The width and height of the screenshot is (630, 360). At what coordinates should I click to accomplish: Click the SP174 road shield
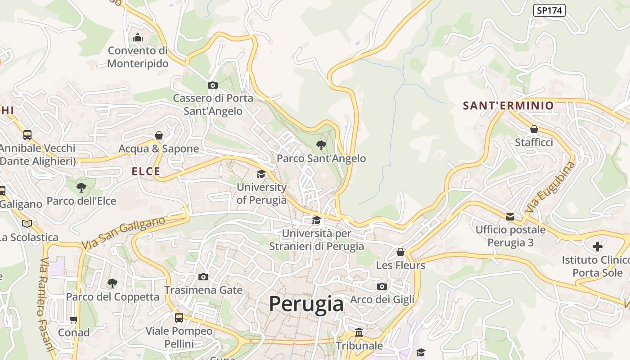coord(549,10)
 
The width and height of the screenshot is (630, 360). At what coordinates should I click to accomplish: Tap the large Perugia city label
coord(306,304)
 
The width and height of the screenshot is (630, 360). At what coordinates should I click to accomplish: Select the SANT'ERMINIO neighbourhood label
coord(508,106)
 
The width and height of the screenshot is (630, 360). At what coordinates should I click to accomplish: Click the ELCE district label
coord(146,171)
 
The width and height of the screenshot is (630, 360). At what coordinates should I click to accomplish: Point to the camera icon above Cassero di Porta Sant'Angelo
coord(213,85)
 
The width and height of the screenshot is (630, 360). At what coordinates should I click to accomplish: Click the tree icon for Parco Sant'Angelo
coord(321,145)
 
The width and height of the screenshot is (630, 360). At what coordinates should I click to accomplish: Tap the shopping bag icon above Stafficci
coord(534,129)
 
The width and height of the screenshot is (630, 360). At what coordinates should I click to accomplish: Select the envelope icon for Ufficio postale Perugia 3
coord(510,217)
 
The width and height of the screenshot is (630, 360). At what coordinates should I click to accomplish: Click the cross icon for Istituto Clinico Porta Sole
coord(597,247)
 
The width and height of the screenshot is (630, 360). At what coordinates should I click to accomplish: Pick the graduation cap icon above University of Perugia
coord(261,174)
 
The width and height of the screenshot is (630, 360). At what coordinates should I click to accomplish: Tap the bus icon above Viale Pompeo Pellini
coord(179,318)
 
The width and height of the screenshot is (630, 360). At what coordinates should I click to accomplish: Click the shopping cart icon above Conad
coord(73,319)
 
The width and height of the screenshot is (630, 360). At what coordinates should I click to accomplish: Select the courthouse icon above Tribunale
coord(359,332)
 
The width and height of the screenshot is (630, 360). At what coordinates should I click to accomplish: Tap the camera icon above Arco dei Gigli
coord(382,286)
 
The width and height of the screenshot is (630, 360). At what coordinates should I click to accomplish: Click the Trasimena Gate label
coord(203,290)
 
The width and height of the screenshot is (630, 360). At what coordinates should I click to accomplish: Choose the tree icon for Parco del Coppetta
coord(112,283)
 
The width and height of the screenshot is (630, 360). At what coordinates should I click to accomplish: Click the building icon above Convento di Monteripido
coord(138,38)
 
